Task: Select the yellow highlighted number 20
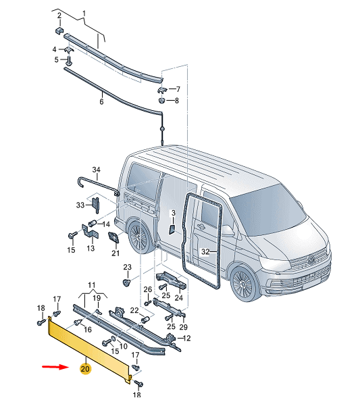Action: tap(84, 369)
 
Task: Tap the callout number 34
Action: tap(95, 170)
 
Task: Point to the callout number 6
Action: tap(101, 102)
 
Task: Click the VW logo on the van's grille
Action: tap(312, 257)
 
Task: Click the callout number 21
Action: tap(115, 253)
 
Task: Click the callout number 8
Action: tap(176, 101)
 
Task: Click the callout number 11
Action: tap(92, 286)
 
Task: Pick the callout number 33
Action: tap(80, 204)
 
